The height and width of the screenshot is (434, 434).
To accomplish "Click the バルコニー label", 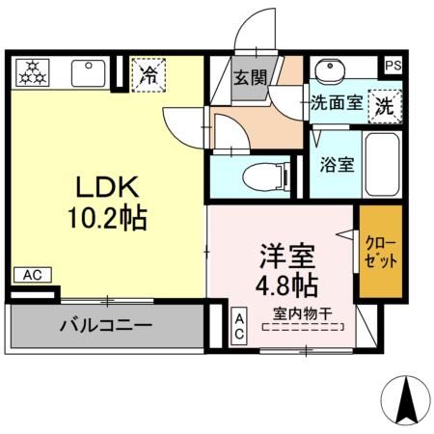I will tap(106, 327).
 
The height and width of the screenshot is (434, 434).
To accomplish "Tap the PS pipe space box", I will tap(393, 66).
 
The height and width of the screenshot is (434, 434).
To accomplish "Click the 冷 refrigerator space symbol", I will tap(149, 73).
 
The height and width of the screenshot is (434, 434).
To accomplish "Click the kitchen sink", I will tap(89, 72).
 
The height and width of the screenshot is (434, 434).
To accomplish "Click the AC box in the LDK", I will tap(31, 275).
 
